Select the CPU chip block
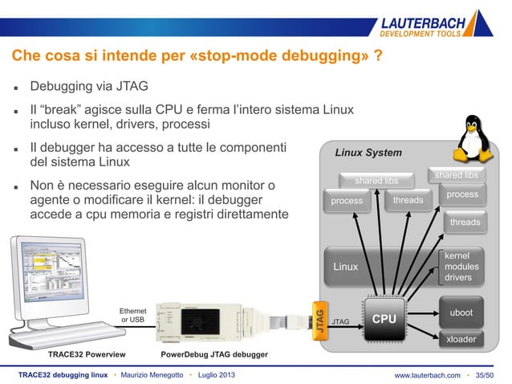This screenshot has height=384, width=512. coord(384,318)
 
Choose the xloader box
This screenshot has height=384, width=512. coord(461,339)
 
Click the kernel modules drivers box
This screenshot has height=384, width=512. coord(462,266)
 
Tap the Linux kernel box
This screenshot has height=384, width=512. coord(346,266)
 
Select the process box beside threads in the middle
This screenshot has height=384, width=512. coord(347,201)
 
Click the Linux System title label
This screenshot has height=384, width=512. coord(368,153)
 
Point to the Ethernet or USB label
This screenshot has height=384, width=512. coord(132,314)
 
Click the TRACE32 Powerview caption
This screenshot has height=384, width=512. coord(83,353)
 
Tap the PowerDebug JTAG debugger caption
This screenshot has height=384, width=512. coord(214,353)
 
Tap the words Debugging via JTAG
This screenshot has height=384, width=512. coord(88,86)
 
